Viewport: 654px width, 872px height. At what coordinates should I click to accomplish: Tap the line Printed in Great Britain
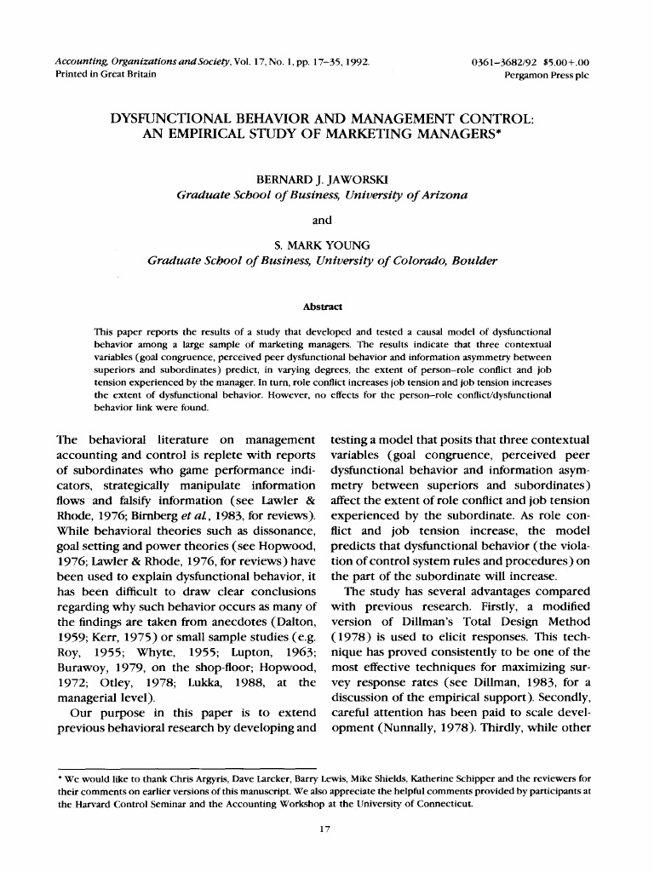(100, 75)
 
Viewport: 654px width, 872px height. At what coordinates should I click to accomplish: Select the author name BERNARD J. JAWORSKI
(321, 181)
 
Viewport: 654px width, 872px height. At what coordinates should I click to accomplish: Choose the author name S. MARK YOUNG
(321, 244)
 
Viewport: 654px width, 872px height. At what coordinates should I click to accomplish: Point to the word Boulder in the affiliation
(473, 260)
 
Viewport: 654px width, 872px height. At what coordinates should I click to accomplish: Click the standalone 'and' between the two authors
(322, 220)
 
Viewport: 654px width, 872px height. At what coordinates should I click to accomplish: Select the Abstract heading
(322, 306)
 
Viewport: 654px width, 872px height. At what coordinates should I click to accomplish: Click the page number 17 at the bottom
(324, 831)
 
